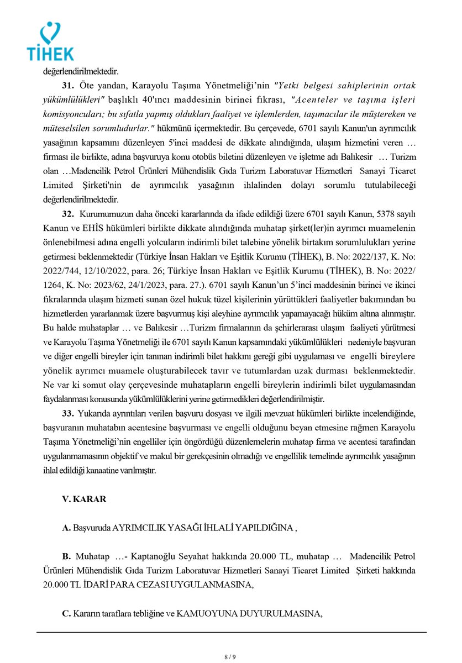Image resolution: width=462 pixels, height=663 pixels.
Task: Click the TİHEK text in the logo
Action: [50, 53]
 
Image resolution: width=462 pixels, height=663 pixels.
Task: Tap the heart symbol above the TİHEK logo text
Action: [51, 32]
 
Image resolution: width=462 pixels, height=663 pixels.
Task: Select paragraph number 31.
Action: [69, 86]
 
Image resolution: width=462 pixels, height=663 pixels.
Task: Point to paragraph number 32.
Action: [69, 214]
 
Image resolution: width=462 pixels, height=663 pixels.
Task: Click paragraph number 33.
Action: [69, 413]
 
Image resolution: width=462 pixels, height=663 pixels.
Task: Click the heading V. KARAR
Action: [84, 499]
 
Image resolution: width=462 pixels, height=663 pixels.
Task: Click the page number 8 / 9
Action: [231, 656]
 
